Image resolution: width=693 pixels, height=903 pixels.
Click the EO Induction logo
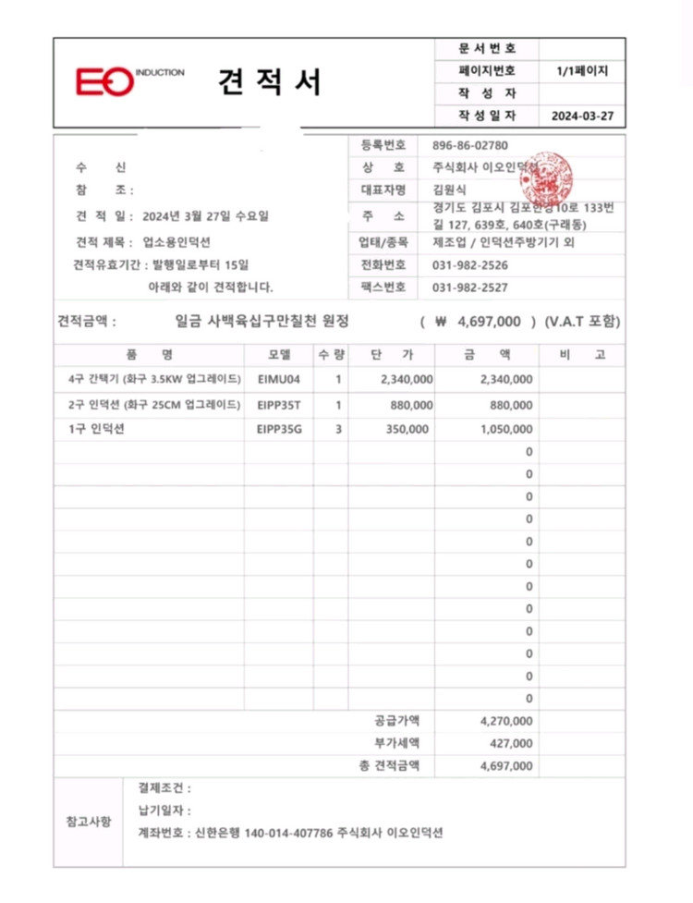point(129,81)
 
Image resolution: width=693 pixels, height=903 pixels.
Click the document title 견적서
point(270,83)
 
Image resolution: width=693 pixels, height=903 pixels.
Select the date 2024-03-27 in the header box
point(581,116)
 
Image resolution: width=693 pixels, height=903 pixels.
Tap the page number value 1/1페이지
point(581,70)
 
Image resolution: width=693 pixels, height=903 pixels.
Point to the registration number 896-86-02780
point(470,145)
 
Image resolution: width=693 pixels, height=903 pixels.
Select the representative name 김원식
point(450,190)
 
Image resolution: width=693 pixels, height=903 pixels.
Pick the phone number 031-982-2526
point(470,264)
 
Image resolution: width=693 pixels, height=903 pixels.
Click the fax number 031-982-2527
point(470,287)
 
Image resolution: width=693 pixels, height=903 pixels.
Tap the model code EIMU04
point(279,379)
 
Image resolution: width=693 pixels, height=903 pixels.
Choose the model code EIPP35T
point(279,404)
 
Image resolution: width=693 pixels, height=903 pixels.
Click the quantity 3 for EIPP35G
point(339,429)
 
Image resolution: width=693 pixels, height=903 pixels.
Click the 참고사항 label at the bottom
point(89,821)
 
